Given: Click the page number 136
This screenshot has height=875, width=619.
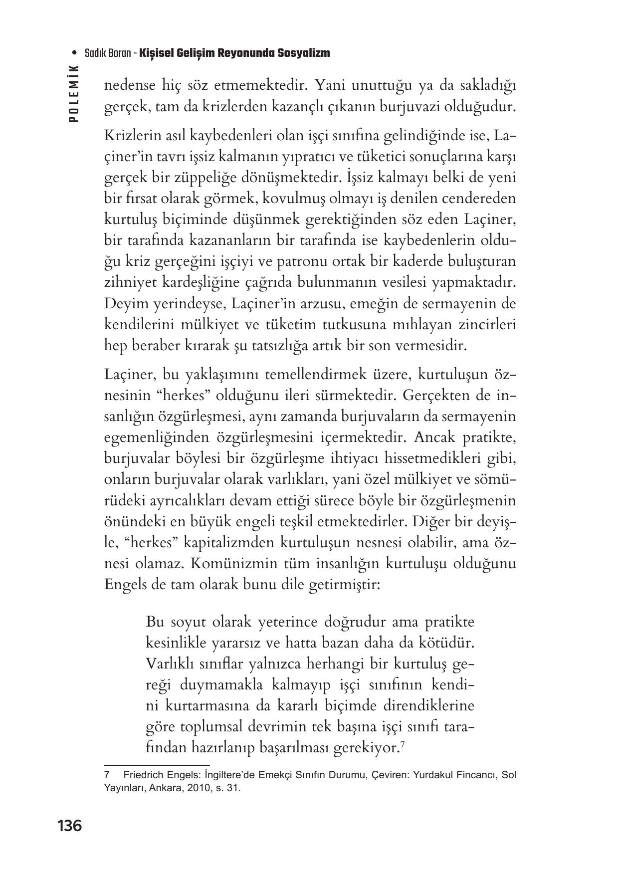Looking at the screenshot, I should pos(69,826).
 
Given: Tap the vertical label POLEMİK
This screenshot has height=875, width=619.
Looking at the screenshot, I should pos(74,94).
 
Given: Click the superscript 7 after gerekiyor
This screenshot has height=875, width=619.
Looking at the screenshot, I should pos(402,745).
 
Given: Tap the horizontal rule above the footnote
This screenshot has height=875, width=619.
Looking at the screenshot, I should pos(157,764).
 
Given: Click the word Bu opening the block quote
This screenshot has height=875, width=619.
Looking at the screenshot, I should pos(155,622).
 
